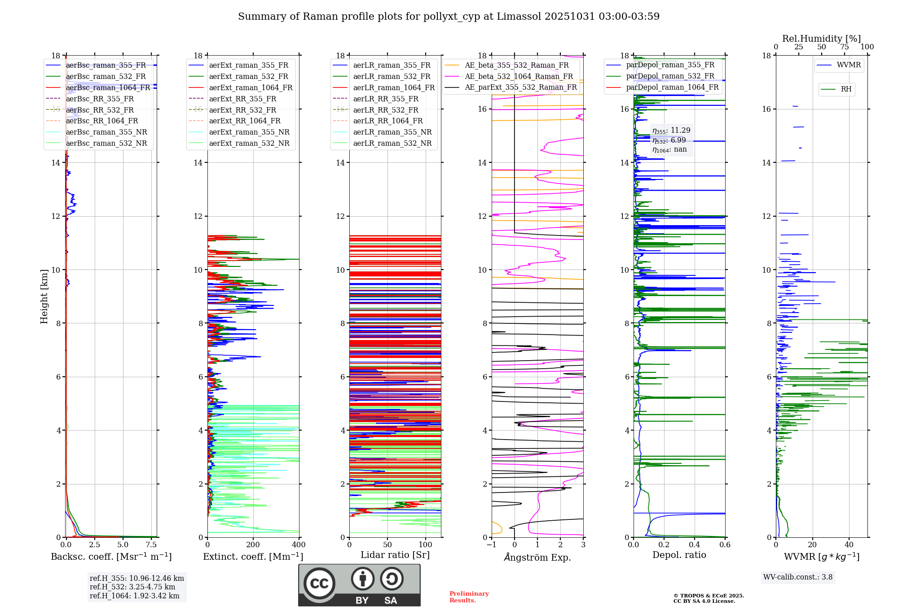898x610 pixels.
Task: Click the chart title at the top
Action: pos(449,17)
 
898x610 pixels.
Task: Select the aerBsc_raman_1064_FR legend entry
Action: pos(108,87)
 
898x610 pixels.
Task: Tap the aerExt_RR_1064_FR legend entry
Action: pos(244,121)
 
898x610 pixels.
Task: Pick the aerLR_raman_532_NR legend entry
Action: pos(392,143)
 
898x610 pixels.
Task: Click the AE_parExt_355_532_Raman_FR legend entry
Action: pos(520,87)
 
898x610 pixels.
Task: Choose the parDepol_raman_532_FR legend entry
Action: pos(670,76)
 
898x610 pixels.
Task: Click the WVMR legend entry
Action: pos(848,65)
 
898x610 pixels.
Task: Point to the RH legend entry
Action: pos(846,89)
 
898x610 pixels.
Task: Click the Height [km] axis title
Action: pos(44,296)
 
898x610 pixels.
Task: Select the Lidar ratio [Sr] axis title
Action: pos(395,555)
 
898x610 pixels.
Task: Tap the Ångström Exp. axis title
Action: pos(537,557)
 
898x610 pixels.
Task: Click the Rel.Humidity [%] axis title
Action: pos(821,39)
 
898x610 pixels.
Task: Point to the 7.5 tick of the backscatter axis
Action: pos(151,545)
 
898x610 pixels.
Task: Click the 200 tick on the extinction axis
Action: pos(253,545)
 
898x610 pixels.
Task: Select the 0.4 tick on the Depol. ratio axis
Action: pos(695,545)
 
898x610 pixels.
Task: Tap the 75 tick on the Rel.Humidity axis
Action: pos(845,47)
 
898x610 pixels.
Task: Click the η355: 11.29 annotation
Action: pos(671,131)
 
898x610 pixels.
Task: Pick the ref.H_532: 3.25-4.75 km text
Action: pos(132,587)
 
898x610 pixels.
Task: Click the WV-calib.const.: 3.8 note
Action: pos(798,577)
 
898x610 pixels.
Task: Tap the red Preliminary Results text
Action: pos(469,597)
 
